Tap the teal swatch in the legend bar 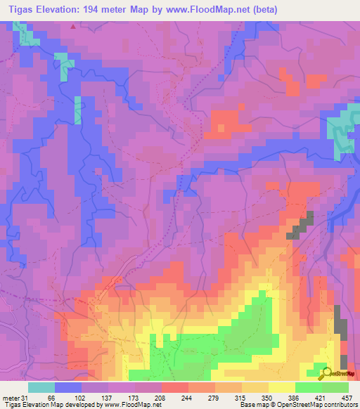coord(41,387)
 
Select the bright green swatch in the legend coord(309,387)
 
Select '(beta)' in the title coord(264,9)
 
